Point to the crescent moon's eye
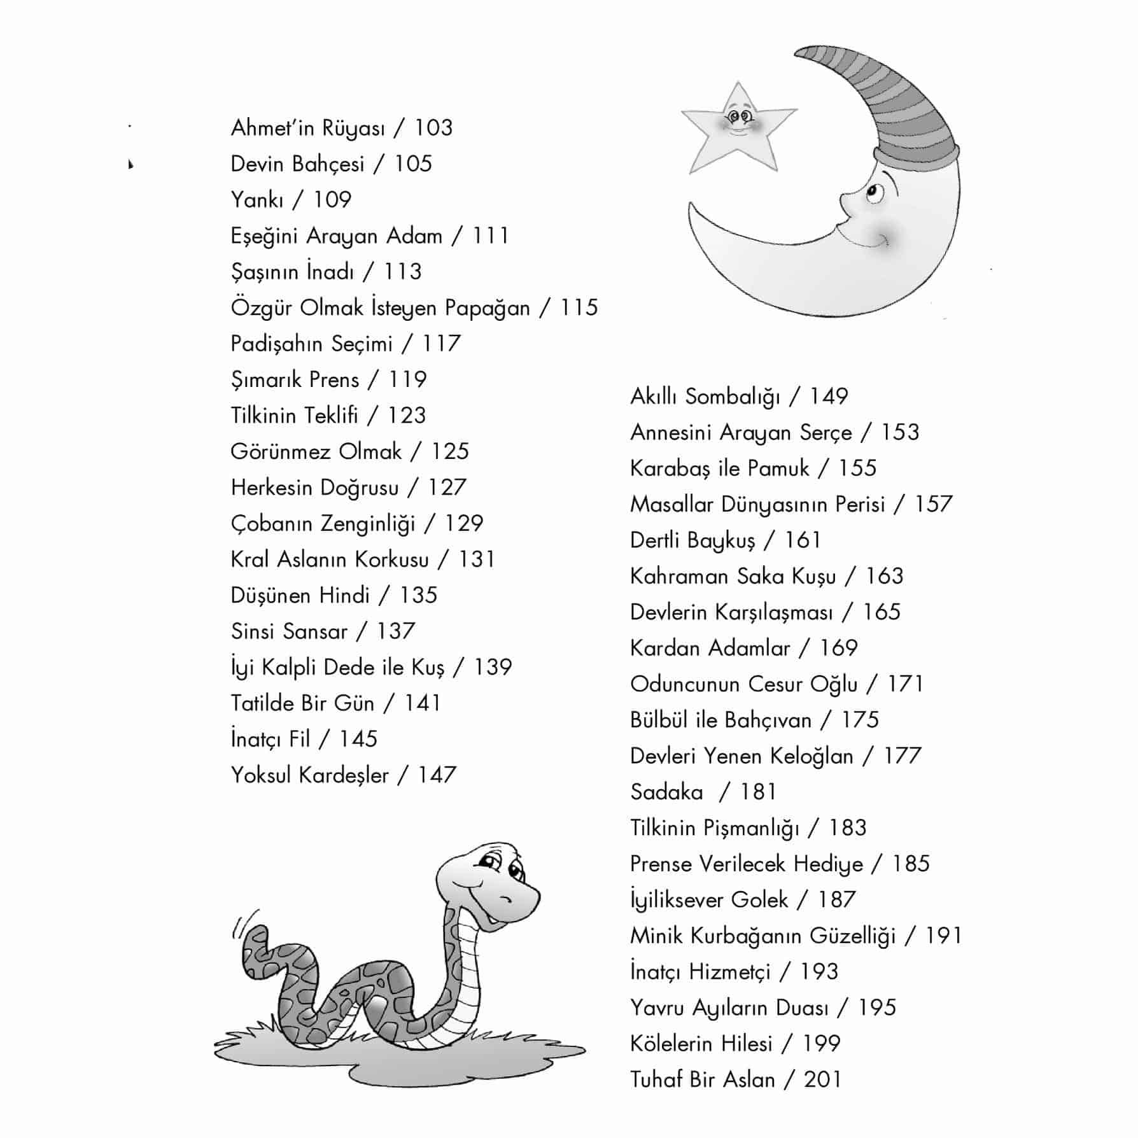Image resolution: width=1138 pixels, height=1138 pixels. coord(875,192)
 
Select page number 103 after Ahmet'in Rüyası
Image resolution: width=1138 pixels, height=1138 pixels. coord(433,128)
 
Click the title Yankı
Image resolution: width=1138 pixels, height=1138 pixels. coord(256,200)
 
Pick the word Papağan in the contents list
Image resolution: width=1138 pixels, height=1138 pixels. coord(487,308)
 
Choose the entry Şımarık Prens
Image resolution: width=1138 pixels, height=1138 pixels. coord(295,380)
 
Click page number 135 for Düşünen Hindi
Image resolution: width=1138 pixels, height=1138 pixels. coord(418,596)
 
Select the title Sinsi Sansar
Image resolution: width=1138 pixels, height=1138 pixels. coord(289,631)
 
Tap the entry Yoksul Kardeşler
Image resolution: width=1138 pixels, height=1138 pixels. coord(309,775)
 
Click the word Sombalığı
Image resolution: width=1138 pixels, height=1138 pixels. coord(732,397)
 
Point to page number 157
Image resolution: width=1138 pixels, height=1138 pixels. coord(933,505)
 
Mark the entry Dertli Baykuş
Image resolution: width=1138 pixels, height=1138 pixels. coord(692,540)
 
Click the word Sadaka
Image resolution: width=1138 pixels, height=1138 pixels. coord(666,792)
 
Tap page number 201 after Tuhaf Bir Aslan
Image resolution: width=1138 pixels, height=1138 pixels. coord(822,1080)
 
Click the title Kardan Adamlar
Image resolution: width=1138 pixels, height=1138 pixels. coord(710,649)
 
